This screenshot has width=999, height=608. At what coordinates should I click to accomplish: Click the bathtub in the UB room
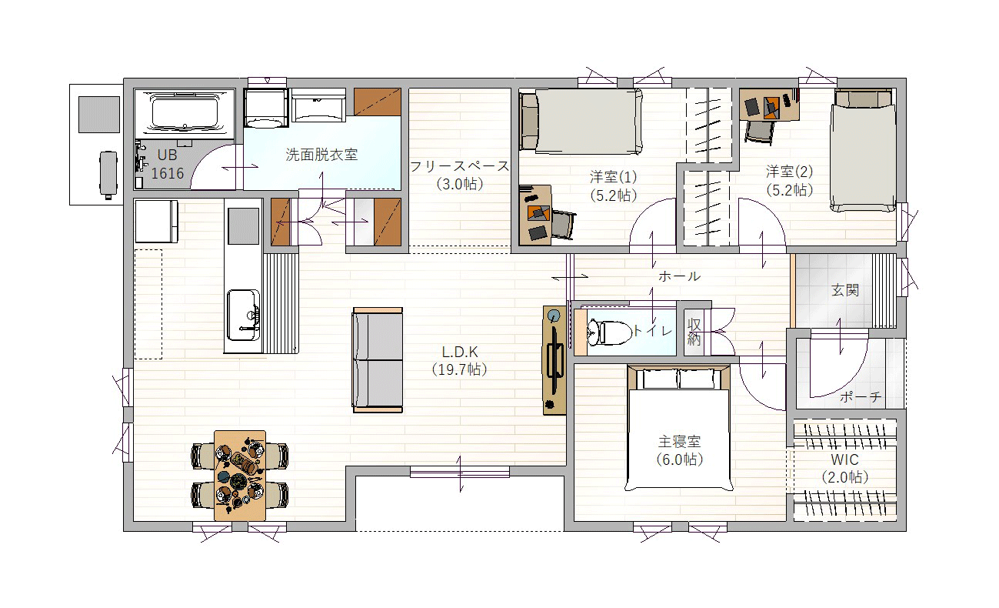[x=185, y=113]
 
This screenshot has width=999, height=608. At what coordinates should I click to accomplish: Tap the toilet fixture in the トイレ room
[x=609, y=333]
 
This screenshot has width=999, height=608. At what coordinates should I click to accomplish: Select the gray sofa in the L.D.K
[x=378, y=360]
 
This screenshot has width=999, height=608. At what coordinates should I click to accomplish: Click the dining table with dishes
[x=240, y=476]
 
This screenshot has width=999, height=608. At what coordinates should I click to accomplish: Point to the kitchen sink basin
[x=243, y=315]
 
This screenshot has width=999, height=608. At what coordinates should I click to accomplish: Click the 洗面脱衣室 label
[x=321, y=155]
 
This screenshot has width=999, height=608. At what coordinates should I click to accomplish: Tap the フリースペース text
[x=459, y=166]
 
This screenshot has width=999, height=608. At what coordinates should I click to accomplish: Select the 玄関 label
[x=844, y=290]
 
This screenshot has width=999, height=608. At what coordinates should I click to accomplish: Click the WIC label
[x=844, y=459]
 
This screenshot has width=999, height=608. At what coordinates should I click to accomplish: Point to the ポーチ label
[x=861, y=397]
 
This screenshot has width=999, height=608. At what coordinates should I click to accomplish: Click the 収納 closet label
[x=694, y=332]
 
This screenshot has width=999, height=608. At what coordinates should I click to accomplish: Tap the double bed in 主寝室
[x=679, y=429]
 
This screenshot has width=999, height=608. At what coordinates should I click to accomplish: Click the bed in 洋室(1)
[x=581, y=121]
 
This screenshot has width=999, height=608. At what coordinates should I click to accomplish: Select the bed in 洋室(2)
[x=863, y=150]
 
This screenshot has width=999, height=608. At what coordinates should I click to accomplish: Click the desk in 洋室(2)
[x=769, y=105]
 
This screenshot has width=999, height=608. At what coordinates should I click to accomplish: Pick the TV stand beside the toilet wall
[x=554, y=360]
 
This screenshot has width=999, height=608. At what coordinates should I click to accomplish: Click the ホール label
[x=679, y=276]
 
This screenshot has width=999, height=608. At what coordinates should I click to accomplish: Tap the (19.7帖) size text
[x=459, y=369]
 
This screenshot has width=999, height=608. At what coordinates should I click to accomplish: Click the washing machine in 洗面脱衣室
[x=266, y=108]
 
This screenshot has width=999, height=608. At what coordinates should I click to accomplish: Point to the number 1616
[x=167, y=173]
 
